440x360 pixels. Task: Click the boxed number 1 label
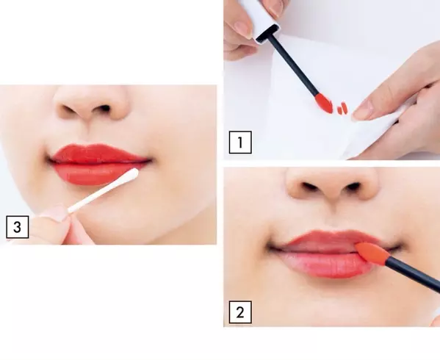[x=240, y=143]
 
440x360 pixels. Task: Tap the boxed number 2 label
[x=240, y=312]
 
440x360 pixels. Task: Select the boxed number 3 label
[x=18, y=227]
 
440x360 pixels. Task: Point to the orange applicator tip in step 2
[x=372, y=253]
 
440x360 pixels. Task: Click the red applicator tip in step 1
[x=324, y=103]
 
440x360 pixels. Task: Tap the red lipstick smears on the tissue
[x=342, y=109]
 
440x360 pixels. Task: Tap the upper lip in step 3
[x=98, y=154]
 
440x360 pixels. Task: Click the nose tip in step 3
[x=92, y=109]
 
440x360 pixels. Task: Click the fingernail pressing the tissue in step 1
[x=363, y=110]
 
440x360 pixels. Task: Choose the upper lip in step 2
[x=328, y=239]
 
